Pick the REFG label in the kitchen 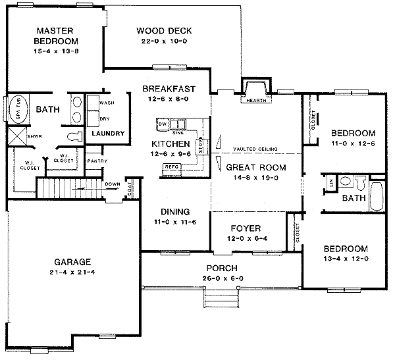point(172,167)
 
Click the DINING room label point(175,212)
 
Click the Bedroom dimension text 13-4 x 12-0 point(344,259)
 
